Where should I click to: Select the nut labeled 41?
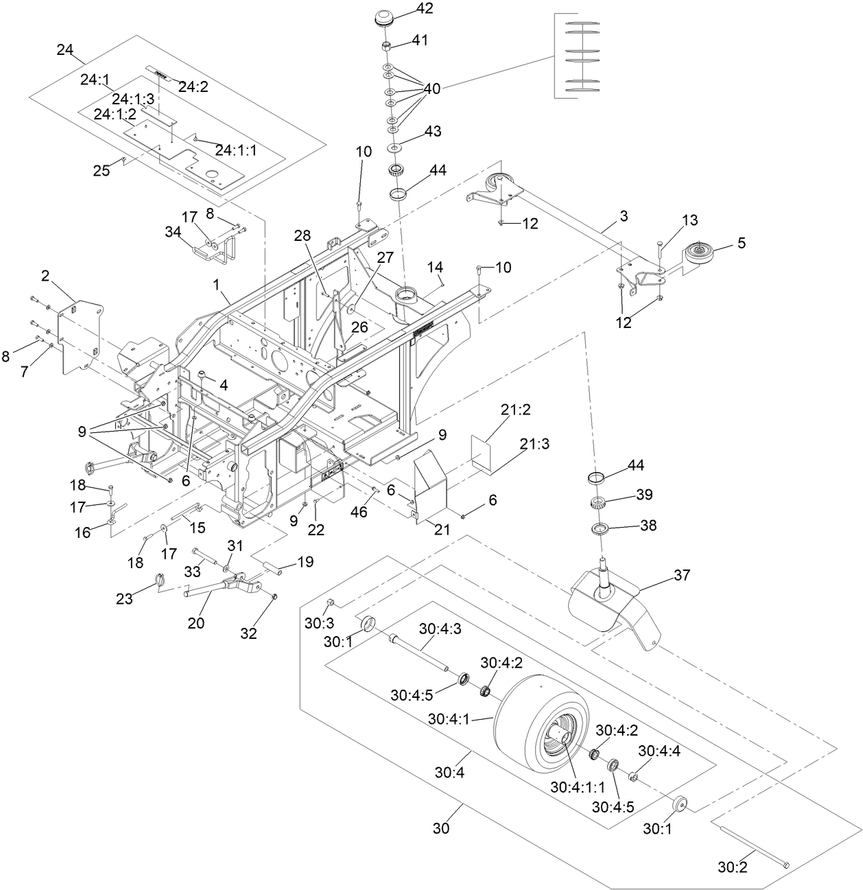click(x=387, y=47)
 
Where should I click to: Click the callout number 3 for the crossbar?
click(x=623, y=216)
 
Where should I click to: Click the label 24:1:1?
click(x=236, y=150)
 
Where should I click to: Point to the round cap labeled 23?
click(x=161, y=581)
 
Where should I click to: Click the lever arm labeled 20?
click(x=220, y=589)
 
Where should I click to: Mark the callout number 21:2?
click(x=515, y=410)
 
